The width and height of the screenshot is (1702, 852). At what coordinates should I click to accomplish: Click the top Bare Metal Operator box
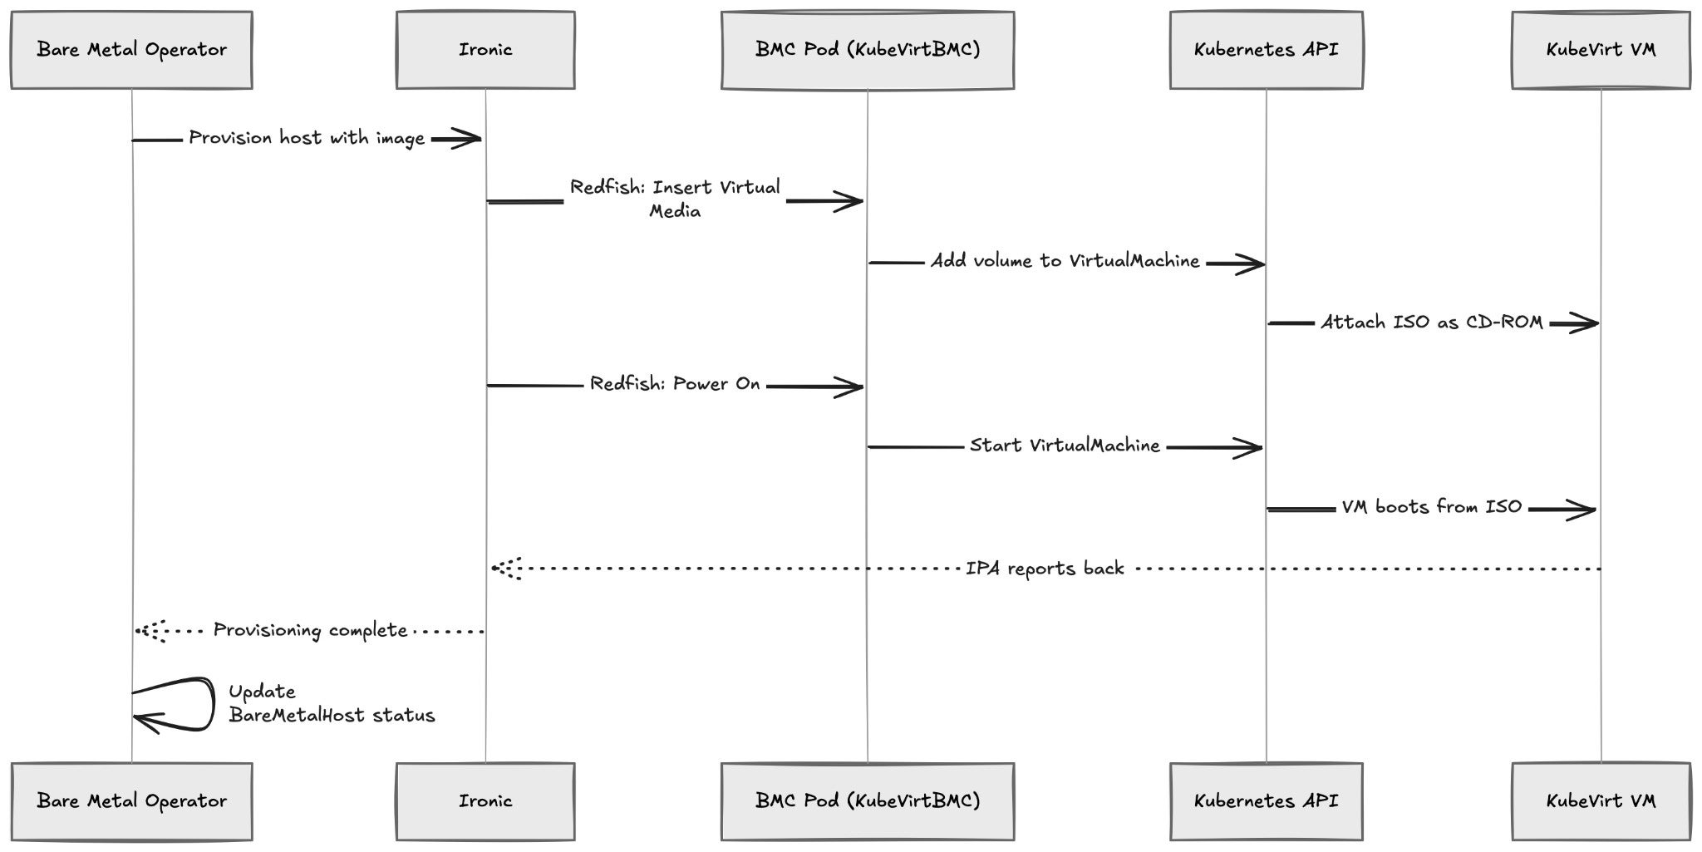point(131,50)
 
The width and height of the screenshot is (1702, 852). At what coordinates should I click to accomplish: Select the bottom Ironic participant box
point(485,801)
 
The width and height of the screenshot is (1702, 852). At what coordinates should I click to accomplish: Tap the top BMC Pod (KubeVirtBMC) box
point(868,50)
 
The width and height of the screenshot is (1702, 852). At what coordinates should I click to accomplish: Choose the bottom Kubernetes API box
point(1267,801)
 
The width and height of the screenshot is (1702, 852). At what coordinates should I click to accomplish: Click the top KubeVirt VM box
point(1601,50)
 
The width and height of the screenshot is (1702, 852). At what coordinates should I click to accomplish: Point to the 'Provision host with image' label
point(307,138)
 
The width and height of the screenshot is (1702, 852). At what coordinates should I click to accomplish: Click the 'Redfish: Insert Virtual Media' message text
point(675,199)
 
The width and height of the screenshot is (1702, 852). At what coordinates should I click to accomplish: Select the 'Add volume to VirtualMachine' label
point(1065,261)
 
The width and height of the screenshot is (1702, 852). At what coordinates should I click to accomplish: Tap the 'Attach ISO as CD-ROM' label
point(1432,323)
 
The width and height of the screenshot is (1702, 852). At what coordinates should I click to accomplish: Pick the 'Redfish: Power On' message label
point(675,384)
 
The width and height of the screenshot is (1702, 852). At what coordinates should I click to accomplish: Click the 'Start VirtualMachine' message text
point(1065,446)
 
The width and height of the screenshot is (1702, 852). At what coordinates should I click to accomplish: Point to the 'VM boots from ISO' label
point(1432,507)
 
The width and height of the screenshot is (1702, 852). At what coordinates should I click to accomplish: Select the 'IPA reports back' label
point(1045,569)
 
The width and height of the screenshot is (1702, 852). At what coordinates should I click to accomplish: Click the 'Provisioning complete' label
point(310,630)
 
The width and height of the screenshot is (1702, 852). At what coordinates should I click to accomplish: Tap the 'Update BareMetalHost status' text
point(332,703)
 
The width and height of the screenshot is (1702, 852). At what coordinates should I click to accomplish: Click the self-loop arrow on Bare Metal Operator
point(213,705)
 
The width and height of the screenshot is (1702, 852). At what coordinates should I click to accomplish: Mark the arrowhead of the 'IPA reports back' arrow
point(504,569)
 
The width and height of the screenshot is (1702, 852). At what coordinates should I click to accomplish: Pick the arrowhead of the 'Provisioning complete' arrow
point(150,631)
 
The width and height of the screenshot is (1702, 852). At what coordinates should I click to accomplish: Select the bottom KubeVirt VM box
point(1601,801)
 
